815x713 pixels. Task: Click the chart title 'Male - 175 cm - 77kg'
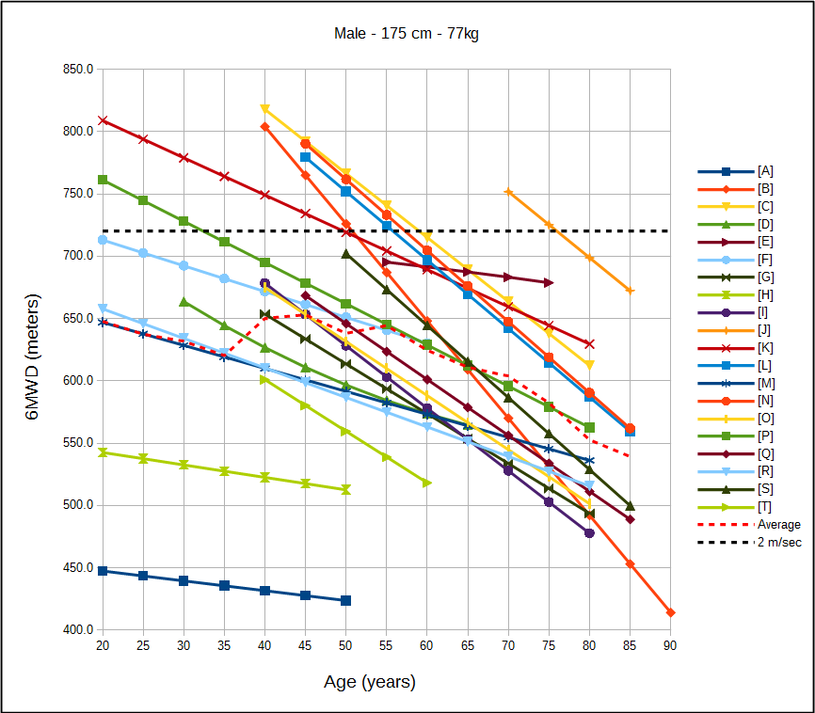(407, 34)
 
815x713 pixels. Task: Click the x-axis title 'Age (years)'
(369, 682)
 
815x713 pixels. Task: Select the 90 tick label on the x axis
(670, 646)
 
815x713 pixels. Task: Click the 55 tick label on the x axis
(386, 646)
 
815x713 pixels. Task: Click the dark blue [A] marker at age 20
(102, 571)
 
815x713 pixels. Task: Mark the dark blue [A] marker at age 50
(345, 600)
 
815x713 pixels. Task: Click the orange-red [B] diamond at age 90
(670, 612)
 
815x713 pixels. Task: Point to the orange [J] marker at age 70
(508, 192)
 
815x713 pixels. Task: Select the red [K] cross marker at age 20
(102, 120)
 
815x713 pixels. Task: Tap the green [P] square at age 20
(102, 180)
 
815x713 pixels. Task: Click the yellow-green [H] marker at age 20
(102, 452)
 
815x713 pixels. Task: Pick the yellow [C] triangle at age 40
(264, 109)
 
